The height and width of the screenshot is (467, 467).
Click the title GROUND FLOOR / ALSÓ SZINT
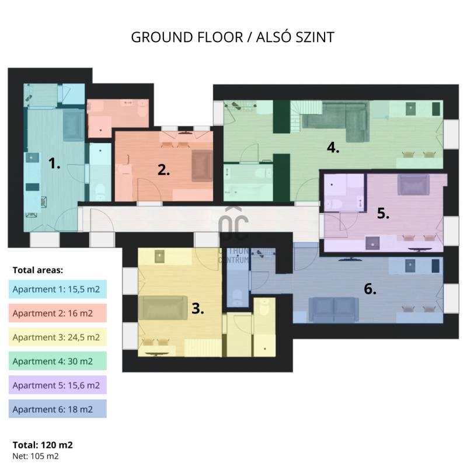tap(232, 37)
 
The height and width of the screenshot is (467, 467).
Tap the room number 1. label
tap(54, 163)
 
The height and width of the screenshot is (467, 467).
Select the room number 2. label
tap(163, 170)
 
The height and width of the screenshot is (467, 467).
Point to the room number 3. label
tap(197, 308)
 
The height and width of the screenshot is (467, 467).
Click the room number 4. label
tap(333, 148)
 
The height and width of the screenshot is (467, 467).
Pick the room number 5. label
tap(383, 213)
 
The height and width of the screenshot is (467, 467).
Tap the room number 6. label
tap(370, 288)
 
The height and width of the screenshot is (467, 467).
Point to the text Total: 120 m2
tap(43, 445)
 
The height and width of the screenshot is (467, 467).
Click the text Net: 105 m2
tap(36, 456)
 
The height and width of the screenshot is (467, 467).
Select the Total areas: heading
tap(38, 270)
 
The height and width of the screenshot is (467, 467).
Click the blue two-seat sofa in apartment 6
tap(333, 309)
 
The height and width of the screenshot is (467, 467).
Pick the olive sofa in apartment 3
tap(163, 308)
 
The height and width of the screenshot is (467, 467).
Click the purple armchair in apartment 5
tap(413, 184)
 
